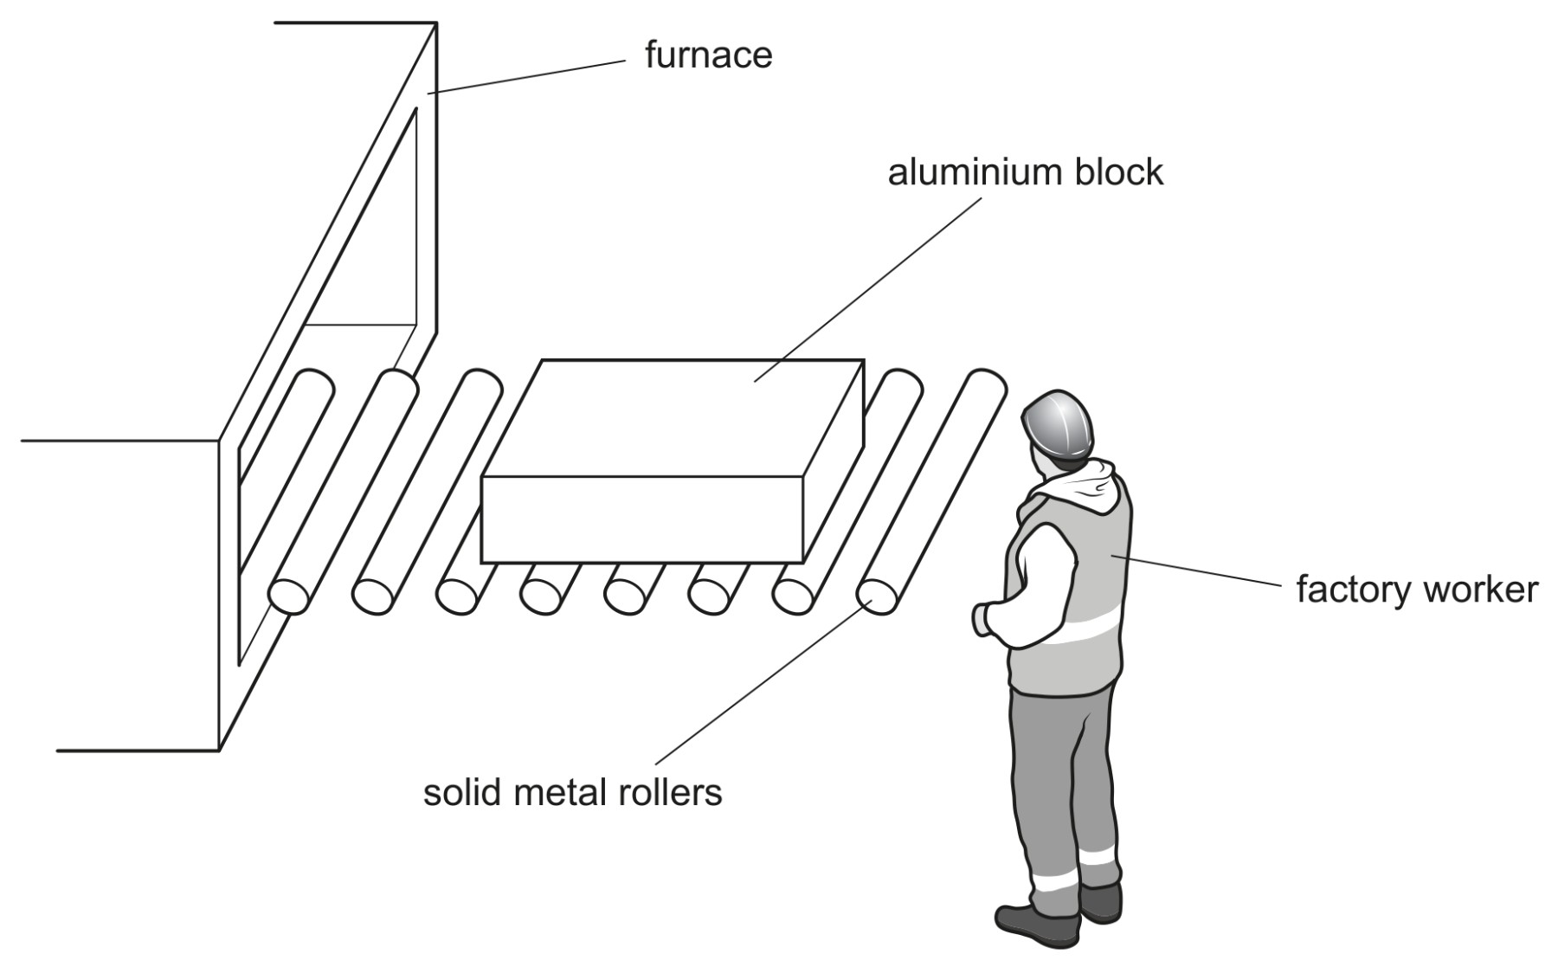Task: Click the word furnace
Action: (x=708, y=55)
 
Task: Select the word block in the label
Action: (x=1119, y=172)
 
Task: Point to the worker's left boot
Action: (x=1039, y=925)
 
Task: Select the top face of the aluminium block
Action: (x=673, y=417)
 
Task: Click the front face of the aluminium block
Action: (x=642, y=519)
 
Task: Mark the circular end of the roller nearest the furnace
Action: (x=289, y=596)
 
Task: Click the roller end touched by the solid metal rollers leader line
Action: (x=878, y=596)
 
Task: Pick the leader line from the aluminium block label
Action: (x=867, y=289)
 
